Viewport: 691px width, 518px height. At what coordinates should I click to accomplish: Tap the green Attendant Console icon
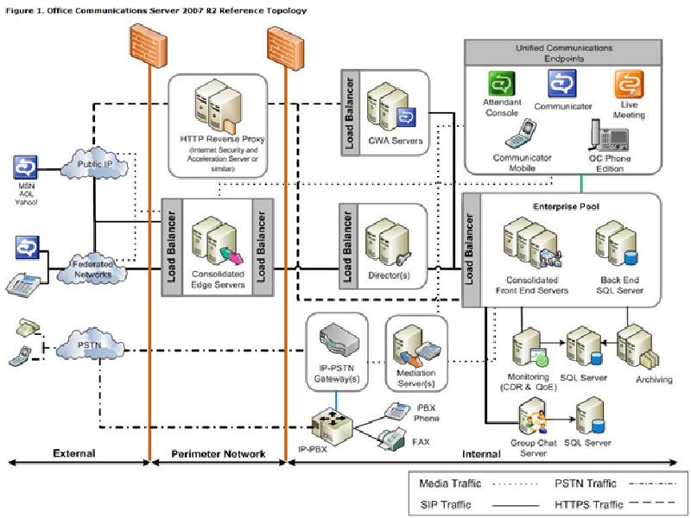click(x=502, y=85)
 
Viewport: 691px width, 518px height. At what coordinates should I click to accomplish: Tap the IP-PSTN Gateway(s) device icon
click(x=336, y=338)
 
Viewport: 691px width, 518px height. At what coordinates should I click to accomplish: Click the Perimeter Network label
click(x=218, y=453)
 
